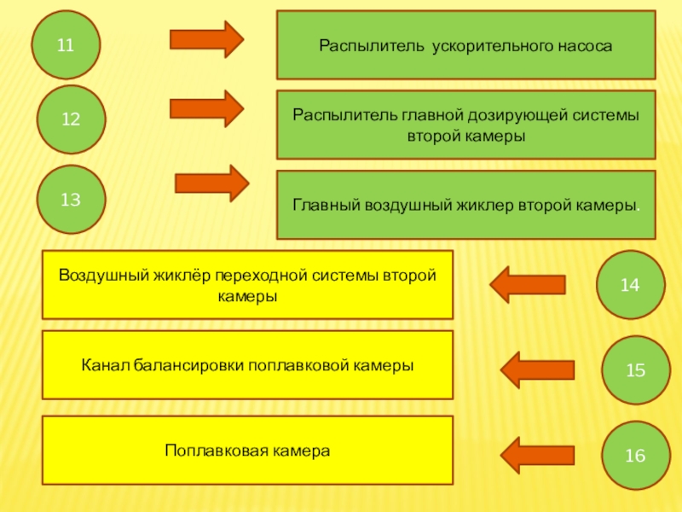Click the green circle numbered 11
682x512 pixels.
click(x=66, y=44)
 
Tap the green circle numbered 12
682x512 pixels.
click(x=71, y=119)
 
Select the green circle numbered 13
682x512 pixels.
click(x=71, y=200)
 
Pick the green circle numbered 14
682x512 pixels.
click(x=630, y=285)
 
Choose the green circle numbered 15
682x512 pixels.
click(x=635, y=369)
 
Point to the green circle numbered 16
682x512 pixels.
click(x=635, y=455)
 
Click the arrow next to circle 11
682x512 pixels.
click(x=207, y=39)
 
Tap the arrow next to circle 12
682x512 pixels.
click(x=207, y=108)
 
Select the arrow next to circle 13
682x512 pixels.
click(x=211, y=183)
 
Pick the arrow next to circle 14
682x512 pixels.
click(x=528, y=284)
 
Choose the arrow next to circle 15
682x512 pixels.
click(x=537, y=369)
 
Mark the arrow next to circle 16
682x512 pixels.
click(x=537, y=453)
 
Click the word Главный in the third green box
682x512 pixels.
click(x=327, y=206)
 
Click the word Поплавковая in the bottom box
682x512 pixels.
click(x=207, y=450)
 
